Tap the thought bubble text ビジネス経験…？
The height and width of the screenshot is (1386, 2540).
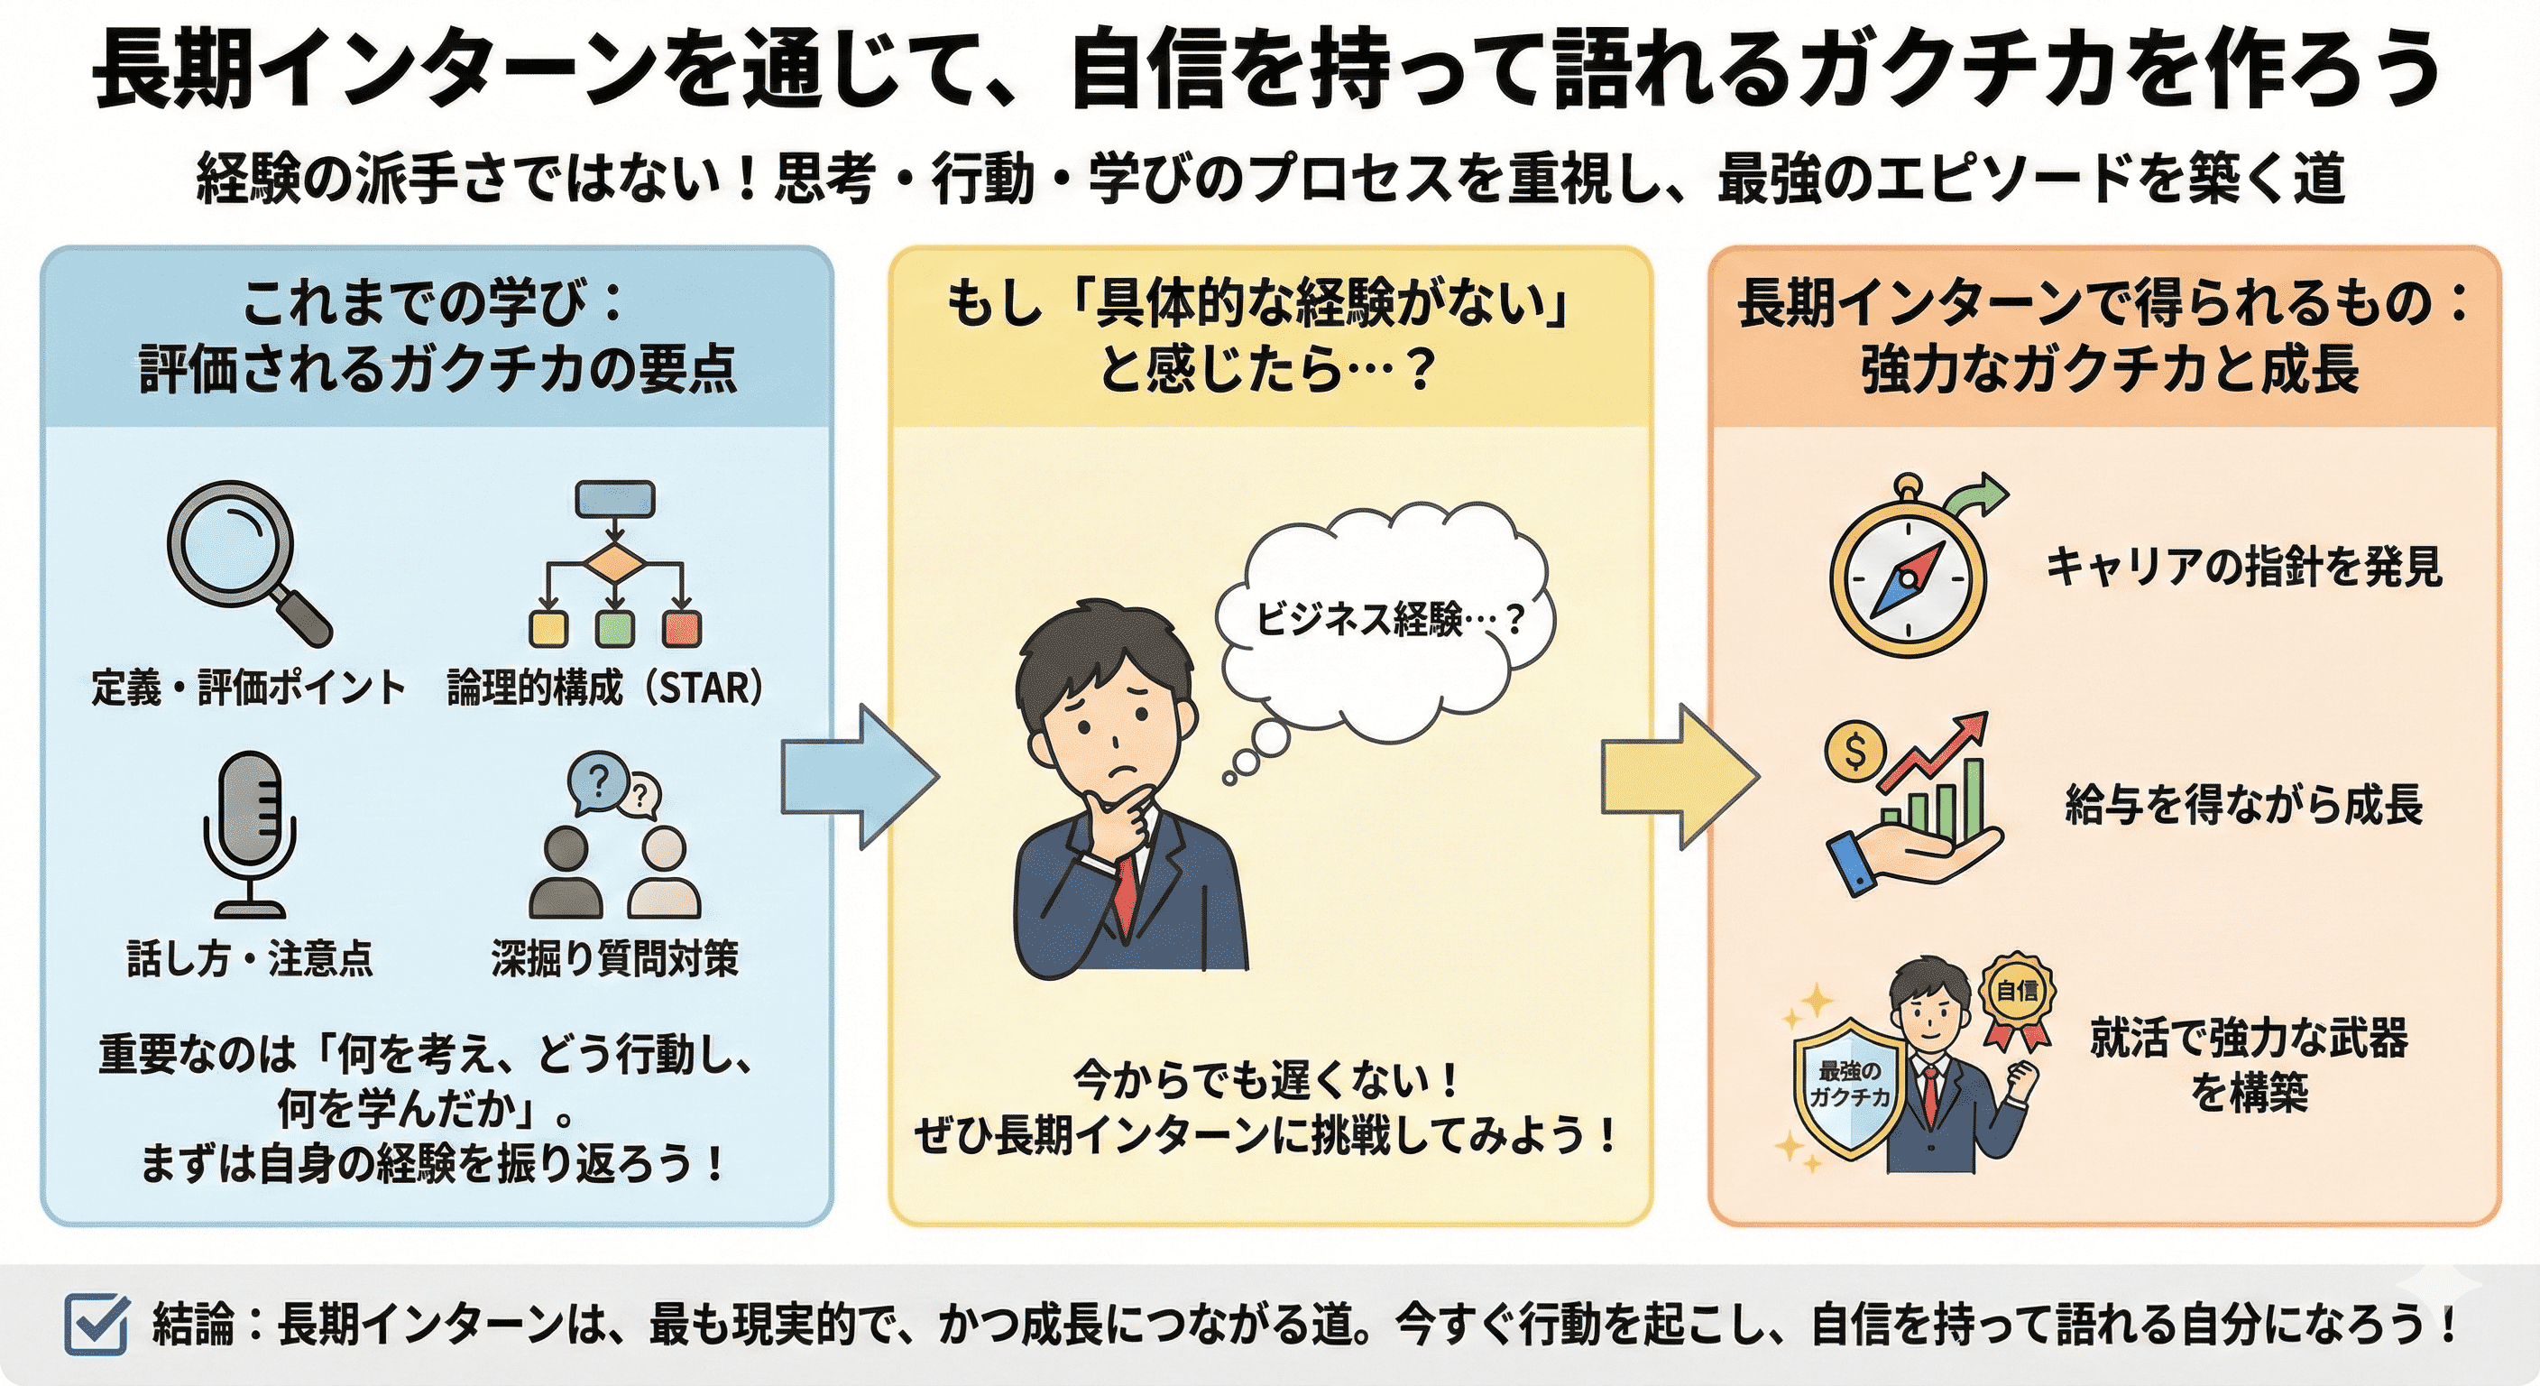[1388, 620]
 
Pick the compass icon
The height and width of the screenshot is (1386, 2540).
[1907, 577]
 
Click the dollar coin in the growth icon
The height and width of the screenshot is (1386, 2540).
[1854, 753]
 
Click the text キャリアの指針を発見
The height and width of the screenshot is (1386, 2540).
[2243, 568]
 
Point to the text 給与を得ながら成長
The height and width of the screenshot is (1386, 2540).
[2243, 804]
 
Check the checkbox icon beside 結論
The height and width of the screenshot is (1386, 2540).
[96, 1323]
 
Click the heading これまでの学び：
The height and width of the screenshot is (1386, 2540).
[434, 303]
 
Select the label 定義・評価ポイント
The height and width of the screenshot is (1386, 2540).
[248, 688]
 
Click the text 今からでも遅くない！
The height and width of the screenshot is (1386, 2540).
[1266, 1080]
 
